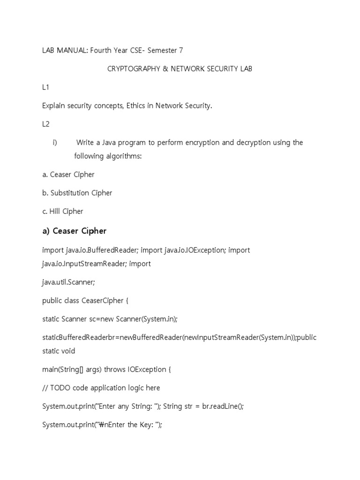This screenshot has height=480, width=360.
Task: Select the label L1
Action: coord(46,87)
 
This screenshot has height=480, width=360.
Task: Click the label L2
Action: coord(46,124)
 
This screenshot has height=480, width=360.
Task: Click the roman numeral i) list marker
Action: coord(55,142)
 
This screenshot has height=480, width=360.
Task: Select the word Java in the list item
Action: coord(107,142)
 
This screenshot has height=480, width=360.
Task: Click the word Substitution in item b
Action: coord(70,193)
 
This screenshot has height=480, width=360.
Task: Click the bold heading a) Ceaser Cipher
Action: coord(75,231)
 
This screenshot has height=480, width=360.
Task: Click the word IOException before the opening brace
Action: coord(146,369)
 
